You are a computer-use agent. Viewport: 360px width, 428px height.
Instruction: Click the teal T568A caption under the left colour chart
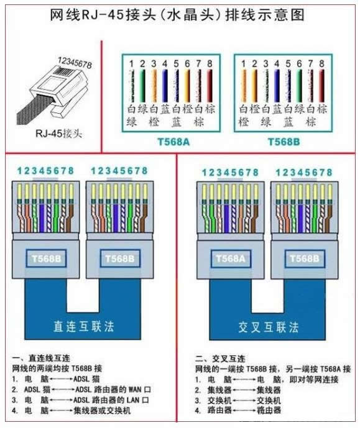[173, 142]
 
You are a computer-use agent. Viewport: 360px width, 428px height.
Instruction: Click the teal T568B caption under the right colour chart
[284, 142]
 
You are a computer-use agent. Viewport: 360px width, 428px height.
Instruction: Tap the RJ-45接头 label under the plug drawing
[58, 134]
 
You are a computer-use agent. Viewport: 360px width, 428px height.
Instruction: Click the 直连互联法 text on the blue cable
[83, 327]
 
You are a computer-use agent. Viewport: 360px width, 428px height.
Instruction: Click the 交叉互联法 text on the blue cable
[268, 327]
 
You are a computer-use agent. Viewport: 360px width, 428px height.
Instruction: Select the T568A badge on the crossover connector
[231, 258]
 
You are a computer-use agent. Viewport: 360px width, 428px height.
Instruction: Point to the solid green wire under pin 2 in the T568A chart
[142, 86]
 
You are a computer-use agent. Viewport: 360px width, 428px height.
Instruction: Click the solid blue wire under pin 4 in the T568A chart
[165, 86]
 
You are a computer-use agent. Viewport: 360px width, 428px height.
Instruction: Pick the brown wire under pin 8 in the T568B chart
[321, 86]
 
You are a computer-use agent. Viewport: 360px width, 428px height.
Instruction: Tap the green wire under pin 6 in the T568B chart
[299, 86]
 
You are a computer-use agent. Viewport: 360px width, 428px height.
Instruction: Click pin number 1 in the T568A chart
[131, 63]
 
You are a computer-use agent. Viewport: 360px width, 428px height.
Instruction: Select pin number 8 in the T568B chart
[321, 63]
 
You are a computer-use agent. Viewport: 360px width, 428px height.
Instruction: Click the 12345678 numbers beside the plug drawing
[75, 63]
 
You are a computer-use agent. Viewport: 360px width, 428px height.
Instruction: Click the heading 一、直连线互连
[41, 358]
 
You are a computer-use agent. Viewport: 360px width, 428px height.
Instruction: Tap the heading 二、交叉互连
[220, 358]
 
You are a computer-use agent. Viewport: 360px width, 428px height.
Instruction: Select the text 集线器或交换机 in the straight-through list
[102, 410]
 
